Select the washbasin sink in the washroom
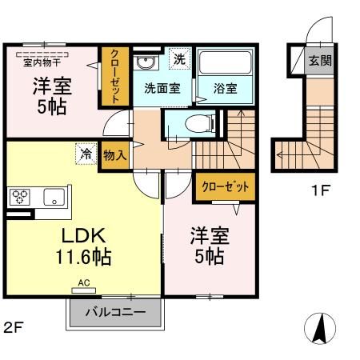145,63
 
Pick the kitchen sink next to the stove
54,196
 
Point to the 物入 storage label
115,155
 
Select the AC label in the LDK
84,282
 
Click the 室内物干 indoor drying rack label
40,61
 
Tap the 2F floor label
12,326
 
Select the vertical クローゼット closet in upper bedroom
114,78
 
